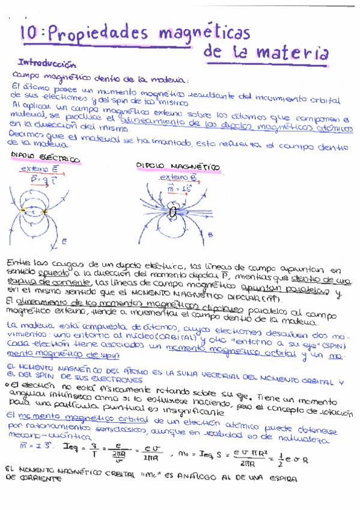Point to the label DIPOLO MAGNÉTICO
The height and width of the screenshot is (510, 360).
(178, 165)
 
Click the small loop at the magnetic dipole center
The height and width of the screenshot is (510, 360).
(174, 211)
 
